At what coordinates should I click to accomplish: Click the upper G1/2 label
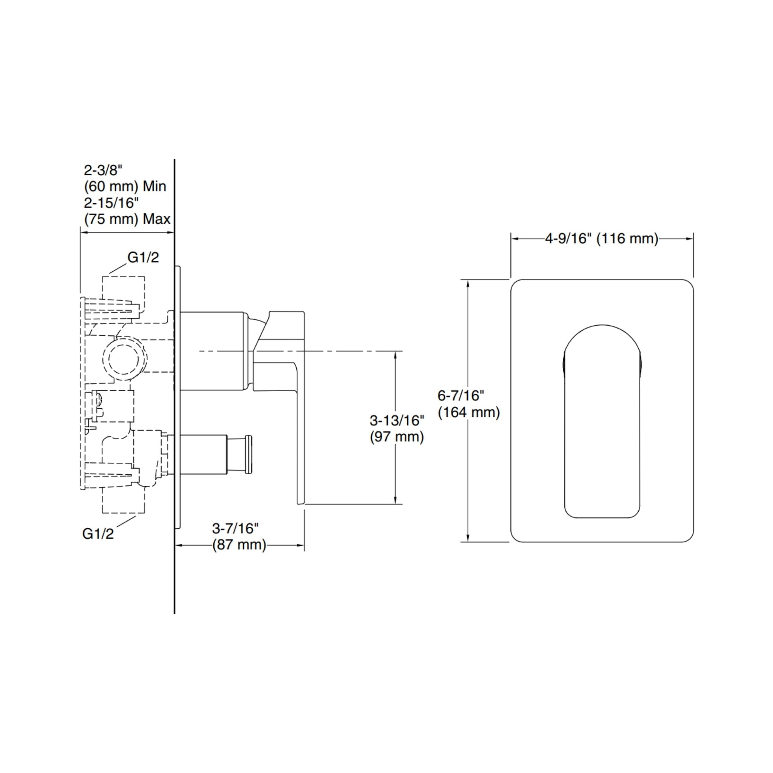[x=143, y=257]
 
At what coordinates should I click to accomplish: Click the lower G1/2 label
[x=98, y=533]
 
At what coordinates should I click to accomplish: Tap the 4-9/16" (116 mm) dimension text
[x=602, y=238]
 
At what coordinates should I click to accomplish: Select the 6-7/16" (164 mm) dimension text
[x=468, y=404]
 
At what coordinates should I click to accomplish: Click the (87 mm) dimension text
[x=239, y=545]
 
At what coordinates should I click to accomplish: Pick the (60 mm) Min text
[x=125, y=186]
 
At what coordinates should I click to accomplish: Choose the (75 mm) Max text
[x=127, y=219]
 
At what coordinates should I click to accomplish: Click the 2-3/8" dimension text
[x=103, y=170]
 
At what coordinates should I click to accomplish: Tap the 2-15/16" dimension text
[x=111, y=203]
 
